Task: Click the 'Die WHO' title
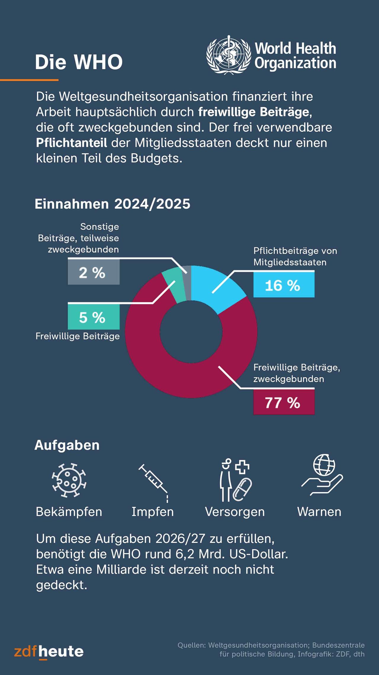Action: coord(78,62)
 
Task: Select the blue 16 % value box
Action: coord(284,285)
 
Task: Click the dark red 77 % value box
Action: coord(284,402)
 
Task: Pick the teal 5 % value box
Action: coord(94,317)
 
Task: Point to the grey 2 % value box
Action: coord(94,272)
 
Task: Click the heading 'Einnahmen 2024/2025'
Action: coord(112,204)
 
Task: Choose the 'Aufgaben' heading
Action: coord(67,445)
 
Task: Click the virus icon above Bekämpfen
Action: coord(69,480)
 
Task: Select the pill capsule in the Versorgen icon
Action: coord(242,489)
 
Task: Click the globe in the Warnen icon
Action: coord(324,465)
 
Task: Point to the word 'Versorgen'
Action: coord(235,512)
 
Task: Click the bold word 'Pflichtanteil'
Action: coord(71,143)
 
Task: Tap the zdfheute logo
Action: coord(49,652)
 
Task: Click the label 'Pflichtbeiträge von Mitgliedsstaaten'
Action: coord(295,256)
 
